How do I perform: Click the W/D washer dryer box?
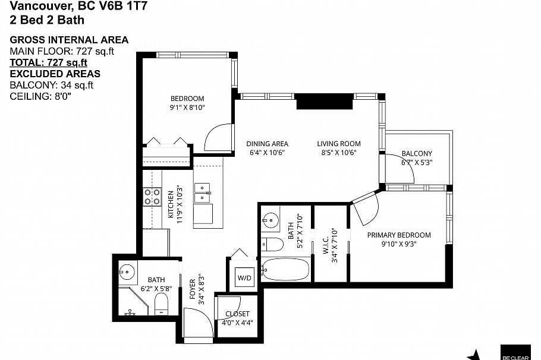coord(244,277)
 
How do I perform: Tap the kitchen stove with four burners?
coord(152,197)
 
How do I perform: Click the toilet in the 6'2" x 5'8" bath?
coord(162,306)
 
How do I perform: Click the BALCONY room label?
coord(416,153)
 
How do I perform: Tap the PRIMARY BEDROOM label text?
coord(399,235)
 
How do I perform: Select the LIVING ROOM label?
coord(338,144)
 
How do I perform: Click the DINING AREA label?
coord(268,144)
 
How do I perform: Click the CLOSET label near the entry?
coord(237,314)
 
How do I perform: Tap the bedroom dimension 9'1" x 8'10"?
coord(187,108)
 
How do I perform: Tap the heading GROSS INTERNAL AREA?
coord(69,40)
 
